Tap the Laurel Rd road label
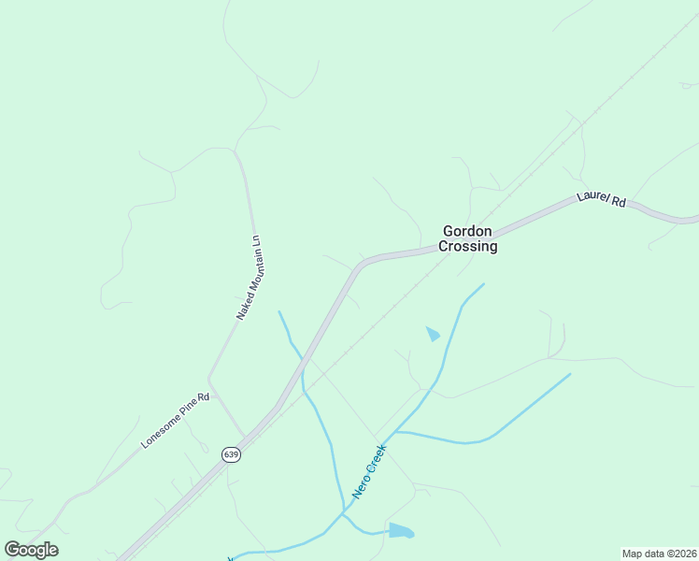[600, 198]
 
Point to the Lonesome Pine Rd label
[176, 419]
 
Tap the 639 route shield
[231, 454]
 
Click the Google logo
[31, 550]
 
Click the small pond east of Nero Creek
[433, 333]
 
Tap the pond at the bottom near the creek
[400, 531]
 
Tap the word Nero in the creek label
[359, 486]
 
